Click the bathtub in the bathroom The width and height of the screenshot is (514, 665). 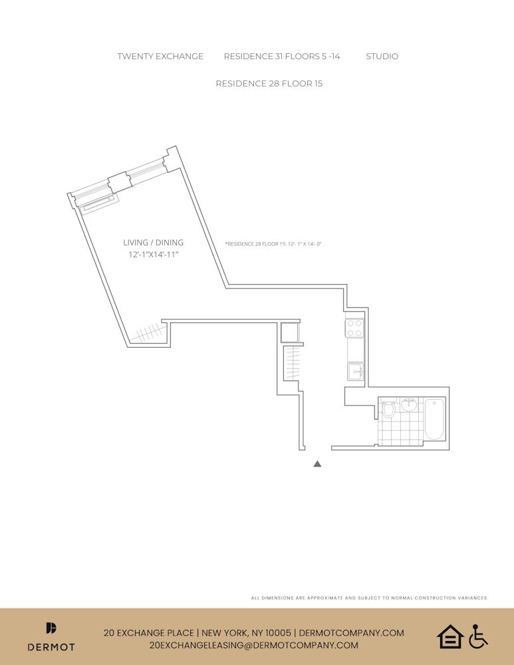tap(434, 419)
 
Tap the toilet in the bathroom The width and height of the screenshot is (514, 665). tap(388, 408)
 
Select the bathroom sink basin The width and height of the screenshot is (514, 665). tap(408, 404)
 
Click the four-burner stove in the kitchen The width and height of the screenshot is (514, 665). tap(355, 328)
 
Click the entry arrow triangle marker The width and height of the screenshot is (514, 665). tap(317, 464)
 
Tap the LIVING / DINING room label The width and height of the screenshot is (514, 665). tap(153, 243)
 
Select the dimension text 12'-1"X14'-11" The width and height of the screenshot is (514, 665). tap(153, 255)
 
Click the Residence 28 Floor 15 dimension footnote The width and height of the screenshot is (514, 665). tap(273, 244)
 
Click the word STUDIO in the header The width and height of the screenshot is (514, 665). tap(382, 57)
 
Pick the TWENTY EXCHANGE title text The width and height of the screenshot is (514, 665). tap(160, 57)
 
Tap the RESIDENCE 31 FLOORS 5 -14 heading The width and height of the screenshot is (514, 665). tap(282, 57)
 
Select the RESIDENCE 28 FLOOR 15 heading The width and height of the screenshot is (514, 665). tap(269, 84)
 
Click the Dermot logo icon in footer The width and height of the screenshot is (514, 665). tap(51, 628)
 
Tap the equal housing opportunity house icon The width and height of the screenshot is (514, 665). tap(450, 636)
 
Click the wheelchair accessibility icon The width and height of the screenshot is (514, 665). tap(478, 636)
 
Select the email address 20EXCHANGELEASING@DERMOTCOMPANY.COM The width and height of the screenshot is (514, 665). tap(254, 645)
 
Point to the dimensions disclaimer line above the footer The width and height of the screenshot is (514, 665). tap(369, 598)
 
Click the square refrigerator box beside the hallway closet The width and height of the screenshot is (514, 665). tap(290, 332)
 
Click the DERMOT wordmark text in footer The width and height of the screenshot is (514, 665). tap(51, 646)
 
